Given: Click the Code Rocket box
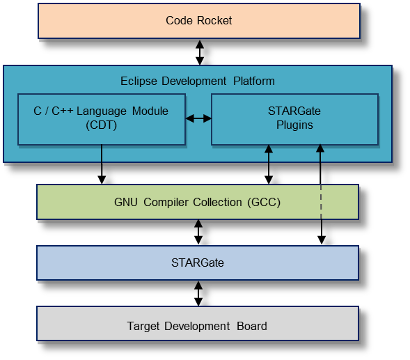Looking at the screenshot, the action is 199,21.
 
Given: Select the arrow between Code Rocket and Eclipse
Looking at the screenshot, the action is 200,52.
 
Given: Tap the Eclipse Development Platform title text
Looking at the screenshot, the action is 198,81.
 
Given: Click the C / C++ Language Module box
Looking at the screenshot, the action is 102,119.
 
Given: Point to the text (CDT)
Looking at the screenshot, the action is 102,125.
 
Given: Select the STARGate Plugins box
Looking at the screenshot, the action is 294,119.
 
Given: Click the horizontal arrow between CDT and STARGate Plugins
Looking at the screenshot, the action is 198,118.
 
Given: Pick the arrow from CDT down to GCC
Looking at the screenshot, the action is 102,164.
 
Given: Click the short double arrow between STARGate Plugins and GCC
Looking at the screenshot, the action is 269,164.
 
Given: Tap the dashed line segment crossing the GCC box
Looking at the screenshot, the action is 321,202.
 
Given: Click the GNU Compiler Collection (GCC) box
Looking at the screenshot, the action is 198,202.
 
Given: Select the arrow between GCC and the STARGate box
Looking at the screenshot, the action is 198,232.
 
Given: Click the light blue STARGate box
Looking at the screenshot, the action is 198,263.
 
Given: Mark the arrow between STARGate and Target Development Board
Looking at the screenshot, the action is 198,294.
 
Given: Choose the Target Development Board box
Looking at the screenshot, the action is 198,324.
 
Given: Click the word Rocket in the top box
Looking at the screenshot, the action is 214,21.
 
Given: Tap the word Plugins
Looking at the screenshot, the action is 294,125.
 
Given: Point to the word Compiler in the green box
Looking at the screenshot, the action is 166,202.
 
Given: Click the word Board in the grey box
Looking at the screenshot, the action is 252,327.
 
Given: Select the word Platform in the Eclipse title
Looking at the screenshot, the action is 254,81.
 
